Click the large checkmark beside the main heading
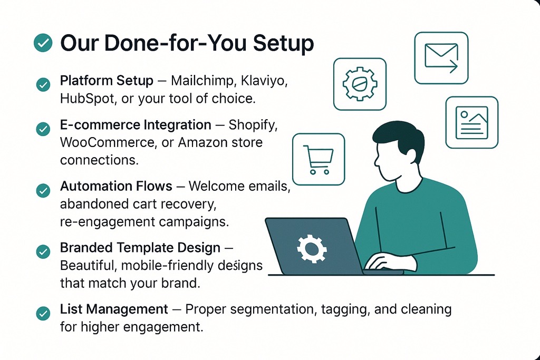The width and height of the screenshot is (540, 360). (x=43, y=43)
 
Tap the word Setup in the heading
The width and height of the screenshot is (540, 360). (x=283, y=44)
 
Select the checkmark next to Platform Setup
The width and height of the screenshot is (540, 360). (x=43, y=84)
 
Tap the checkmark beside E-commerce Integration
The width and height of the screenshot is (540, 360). (x=43, y=129)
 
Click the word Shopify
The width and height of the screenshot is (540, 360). (x=253, y=125)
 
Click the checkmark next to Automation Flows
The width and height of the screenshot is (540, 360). (x=43, y=190)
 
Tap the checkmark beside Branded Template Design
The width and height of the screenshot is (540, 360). (x=43, y=251)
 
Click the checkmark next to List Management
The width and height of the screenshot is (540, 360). (x=43, y=313)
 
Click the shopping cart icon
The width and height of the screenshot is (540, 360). (x=319, y=159)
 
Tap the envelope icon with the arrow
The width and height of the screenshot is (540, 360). (x=441, y=58)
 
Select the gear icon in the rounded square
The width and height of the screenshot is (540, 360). (x=360, y=84)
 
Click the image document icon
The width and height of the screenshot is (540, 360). (x=472, y=122)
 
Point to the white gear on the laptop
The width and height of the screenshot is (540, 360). (x=312, y=248)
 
